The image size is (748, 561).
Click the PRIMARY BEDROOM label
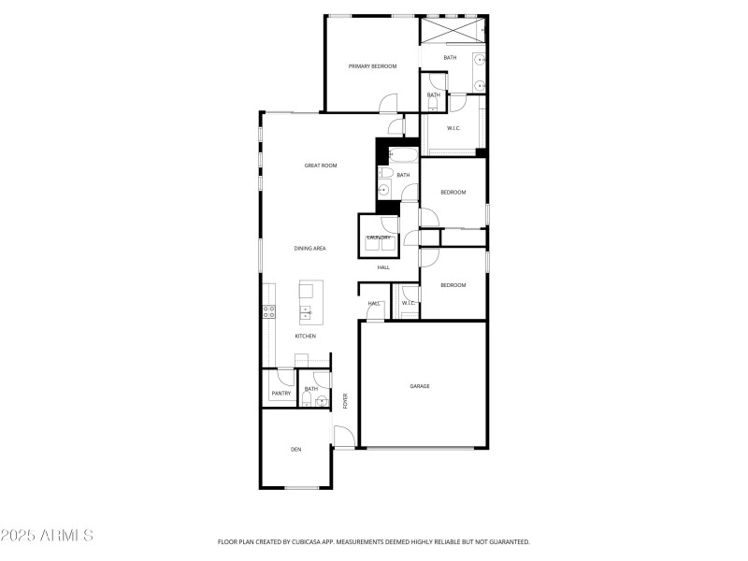point(372,66)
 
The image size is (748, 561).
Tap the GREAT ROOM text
point(320,165)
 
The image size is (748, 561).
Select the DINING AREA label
point(309,249)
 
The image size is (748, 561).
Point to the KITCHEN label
point(306,337)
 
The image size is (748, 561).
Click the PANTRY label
point(280,395)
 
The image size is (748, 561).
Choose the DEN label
point(295,451)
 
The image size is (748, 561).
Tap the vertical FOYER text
point(345,401)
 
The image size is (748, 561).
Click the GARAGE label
point(420,386)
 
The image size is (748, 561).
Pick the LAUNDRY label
point(378,237)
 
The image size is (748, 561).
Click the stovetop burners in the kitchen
point(268,312)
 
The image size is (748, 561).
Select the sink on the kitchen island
point(306,312)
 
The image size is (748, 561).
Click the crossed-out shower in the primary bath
point(452,30)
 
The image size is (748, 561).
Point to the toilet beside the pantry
point(308,399)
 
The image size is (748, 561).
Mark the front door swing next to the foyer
point(343,437)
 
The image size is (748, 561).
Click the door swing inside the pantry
point(284,378)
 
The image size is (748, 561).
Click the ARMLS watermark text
point(47,536)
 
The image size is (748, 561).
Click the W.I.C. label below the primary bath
point(453,128)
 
